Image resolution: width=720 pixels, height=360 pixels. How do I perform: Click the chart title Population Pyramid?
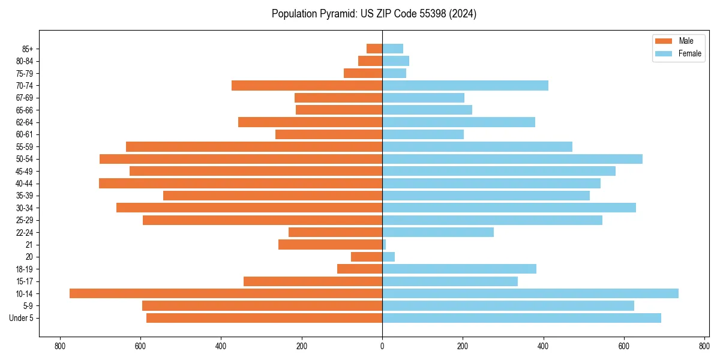pyautogui.click(x=374, y=14)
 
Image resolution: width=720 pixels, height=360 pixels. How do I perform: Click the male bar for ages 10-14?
pyautogui.click(x=226, y=293)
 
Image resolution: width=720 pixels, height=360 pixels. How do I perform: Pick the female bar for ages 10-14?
pyautogui.click(x=530, y=293)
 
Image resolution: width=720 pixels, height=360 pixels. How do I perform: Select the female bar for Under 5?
pyautogui.click(x=521, y=318)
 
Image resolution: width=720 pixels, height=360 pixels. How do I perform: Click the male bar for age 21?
pyautogui.click(x=330, y=244)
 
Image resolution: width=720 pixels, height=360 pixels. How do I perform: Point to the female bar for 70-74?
pyautogui.click(x=465, y=85)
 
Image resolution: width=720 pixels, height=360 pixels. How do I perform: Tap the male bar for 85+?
pyautogui.click(x=374, y=49)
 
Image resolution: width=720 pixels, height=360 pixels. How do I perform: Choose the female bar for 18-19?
pyautogui.click(x=459, y=269)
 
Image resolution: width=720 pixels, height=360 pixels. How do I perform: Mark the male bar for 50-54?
pyautogui.click(x=241, y=159)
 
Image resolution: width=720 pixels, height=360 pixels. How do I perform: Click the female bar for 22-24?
pyautogui.click(x=438, y=232)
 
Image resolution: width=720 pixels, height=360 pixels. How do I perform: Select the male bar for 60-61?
pyautogui.click(x=329, y=134)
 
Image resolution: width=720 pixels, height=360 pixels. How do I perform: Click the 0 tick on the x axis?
pyautogui.click(x=382, y=346)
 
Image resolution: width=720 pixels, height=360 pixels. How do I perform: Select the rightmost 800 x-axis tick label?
pyautogui.click(x=704, y=346)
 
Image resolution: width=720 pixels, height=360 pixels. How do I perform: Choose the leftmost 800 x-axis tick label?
pyautogui.click(x=60, y=346)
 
